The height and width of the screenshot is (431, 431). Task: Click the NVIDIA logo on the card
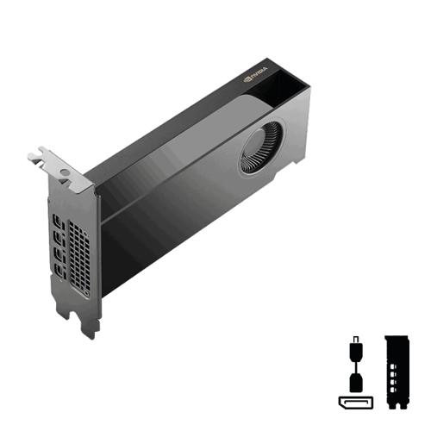pos(255,74)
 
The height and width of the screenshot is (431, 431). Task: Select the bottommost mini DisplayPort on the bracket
pos(59,271)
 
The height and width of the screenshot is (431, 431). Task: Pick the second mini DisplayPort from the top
pos(59,238)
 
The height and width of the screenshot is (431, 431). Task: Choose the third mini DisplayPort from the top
pos(59,254)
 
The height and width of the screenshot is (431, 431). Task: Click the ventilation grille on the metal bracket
pos(79,256)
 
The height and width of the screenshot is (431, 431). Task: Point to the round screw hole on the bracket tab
pos(66,172)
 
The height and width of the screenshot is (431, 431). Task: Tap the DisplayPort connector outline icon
pos(356,403)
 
